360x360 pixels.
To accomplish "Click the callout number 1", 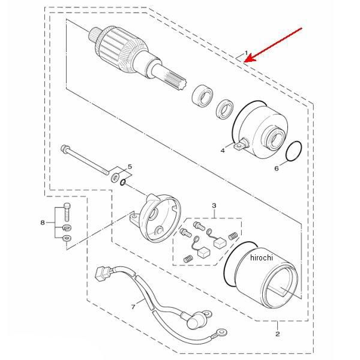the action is coord(247,53).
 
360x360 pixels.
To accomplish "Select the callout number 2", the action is coord(278,334).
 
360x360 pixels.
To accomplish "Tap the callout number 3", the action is coord(214,205).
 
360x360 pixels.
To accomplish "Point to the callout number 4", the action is coord(223,151).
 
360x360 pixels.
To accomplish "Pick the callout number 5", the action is coord(130,166).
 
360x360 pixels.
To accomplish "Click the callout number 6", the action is coord(277,169).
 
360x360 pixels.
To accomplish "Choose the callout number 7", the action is coord(133,307).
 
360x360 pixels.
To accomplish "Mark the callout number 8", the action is coord(43,223).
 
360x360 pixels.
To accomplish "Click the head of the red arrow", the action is coord(245,61).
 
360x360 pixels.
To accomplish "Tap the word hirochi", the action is coord(262,257).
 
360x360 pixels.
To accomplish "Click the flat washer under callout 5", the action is coord(115,177).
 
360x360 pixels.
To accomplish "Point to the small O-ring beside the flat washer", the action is coord(123,182).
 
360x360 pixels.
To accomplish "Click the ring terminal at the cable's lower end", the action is coord(221,332).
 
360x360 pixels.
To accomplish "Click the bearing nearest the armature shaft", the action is coord(202,97).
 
